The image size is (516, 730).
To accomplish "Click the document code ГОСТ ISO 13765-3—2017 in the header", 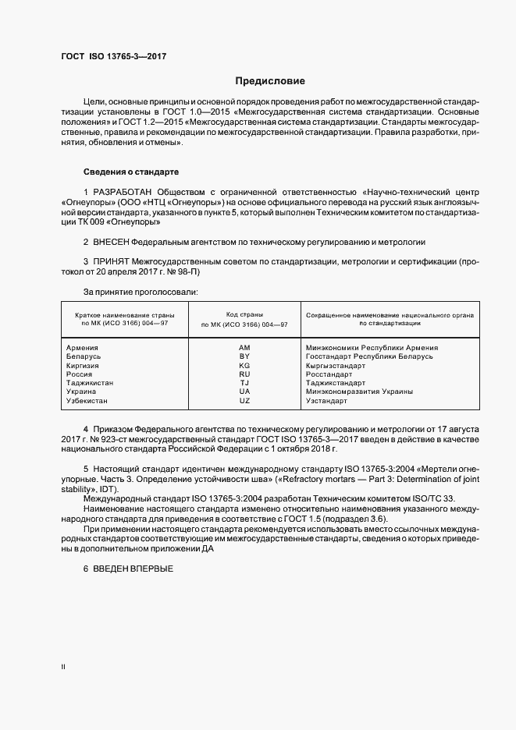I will [x=113, y=57].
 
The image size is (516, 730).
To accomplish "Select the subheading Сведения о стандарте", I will [x=131, y=171].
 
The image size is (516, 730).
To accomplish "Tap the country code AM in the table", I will [x=244, y=348].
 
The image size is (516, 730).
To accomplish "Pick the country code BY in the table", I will [x=244, y=356].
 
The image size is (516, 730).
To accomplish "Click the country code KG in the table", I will [x=244, y=365].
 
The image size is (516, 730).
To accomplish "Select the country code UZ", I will [x=244, y=400].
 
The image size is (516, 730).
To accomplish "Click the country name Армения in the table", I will [x=83, y=348].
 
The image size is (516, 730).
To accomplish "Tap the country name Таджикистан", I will [x=90, y=383].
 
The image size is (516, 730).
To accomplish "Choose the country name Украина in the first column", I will [x=82, y=392].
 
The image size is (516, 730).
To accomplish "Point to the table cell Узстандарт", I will [x=326, y=400].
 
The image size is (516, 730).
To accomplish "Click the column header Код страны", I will [x=244, y=314].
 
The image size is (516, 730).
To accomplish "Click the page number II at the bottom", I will [x=63, y=667].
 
